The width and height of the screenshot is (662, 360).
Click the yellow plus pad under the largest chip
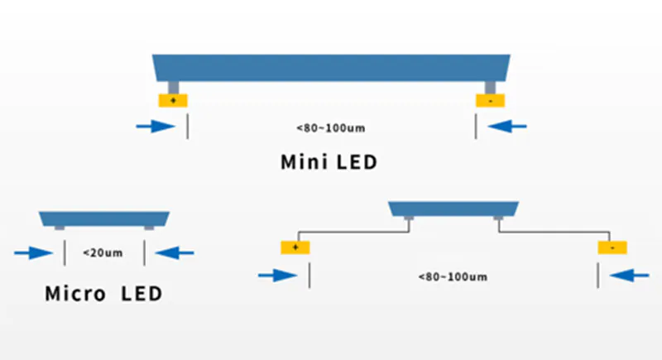click(174, 100)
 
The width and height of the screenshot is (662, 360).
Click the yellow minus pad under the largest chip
click(490, 100)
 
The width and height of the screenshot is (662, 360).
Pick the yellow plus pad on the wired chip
click(295, 247)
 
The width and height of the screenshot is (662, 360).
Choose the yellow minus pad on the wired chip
click(612, 247)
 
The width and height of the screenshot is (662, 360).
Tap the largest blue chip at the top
click(331, 67)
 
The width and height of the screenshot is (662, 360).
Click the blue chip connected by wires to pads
click(453, 207)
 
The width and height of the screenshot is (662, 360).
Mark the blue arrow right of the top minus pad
click(508, 127)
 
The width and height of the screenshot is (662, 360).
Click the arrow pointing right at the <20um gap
click(31, 252)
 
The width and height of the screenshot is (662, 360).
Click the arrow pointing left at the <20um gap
click(176, 252)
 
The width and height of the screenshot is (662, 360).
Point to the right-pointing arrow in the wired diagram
click(277, 275)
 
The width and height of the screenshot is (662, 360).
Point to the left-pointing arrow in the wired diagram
click(631, 275)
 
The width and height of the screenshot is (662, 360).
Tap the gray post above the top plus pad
click(174, 87)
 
